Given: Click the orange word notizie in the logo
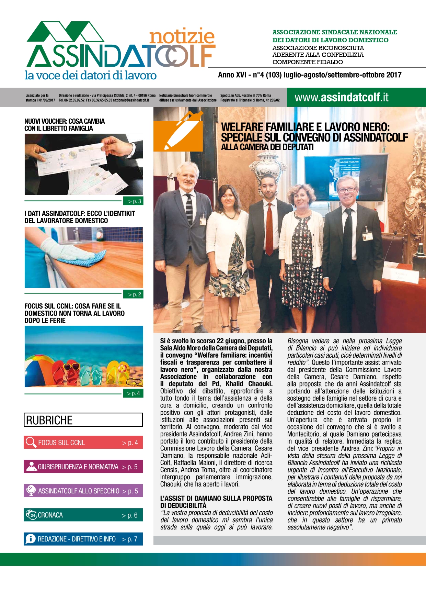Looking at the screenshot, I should (x=182, y=36).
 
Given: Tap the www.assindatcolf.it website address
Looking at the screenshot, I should (x=341, y=98).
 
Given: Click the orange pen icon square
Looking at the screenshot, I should (x=178, y=131).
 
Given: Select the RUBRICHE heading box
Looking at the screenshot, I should (x=83, y=420).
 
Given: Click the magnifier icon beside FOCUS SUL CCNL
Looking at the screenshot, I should (x=31, y=442).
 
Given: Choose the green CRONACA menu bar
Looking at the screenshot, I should (x=83, y=515).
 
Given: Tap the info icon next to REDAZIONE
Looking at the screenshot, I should (x=31, y=539).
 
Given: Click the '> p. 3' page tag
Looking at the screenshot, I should (x=133, y=201).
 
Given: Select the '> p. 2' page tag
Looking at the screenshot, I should (x=133, y=294).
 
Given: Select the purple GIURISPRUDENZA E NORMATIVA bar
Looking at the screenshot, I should (x=83, y=467).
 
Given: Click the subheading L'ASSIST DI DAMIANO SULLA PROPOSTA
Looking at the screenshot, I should (x=216, y=498).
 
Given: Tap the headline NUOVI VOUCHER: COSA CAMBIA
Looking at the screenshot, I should (x=65, y=121).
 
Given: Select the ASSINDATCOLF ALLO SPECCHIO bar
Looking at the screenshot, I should (x=83, y=491).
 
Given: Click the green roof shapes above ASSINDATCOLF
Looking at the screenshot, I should (x=65, y=32).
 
